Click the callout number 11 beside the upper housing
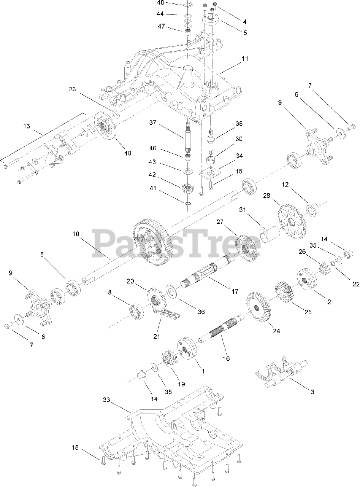pos(244,59)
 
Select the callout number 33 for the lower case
pos(106,400)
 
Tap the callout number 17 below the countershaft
pos(234,291)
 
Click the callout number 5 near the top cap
pos(245,33)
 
